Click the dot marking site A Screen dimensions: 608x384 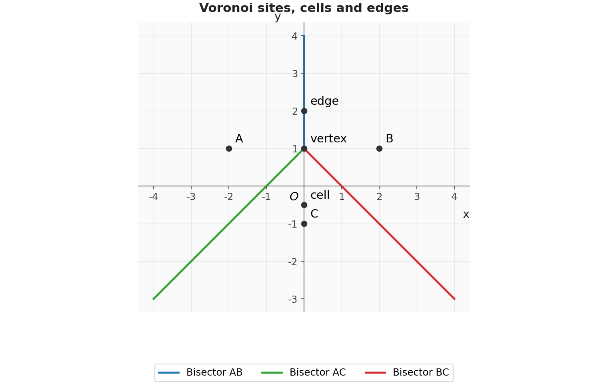(x=229, y=148)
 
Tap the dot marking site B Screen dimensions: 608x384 (x=379, y=148)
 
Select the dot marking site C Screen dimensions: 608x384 (x=304, y=224)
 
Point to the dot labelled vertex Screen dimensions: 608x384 (x=304, y=148)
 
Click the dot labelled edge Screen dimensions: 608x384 (x=304, y=111)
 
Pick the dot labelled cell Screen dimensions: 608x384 (x=304, y=205)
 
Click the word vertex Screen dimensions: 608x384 (x=328, y=139)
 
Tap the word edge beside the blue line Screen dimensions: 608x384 (x=324, y=101)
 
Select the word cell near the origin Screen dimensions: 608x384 (x=320, y=195)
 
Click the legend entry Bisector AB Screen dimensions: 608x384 (x=200, y=372)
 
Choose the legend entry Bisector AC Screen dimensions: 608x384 (x=304, y=372)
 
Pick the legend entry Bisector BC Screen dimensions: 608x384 (x=407, y=372)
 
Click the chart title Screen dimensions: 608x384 (x=304, y=8)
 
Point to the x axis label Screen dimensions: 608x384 (x=466, y=214)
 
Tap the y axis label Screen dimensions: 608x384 (x=278, y=17)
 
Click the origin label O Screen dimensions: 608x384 (x=294, y=196)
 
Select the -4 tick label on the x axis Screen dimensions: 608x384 (x=153, y=196)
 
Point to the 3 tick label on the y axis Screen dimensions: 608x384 (x=295, y=74)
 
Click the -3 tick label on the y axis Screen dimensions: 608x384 (x=293, y=299)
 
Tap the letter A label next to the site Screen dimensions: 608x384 (x=239, y=139)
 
